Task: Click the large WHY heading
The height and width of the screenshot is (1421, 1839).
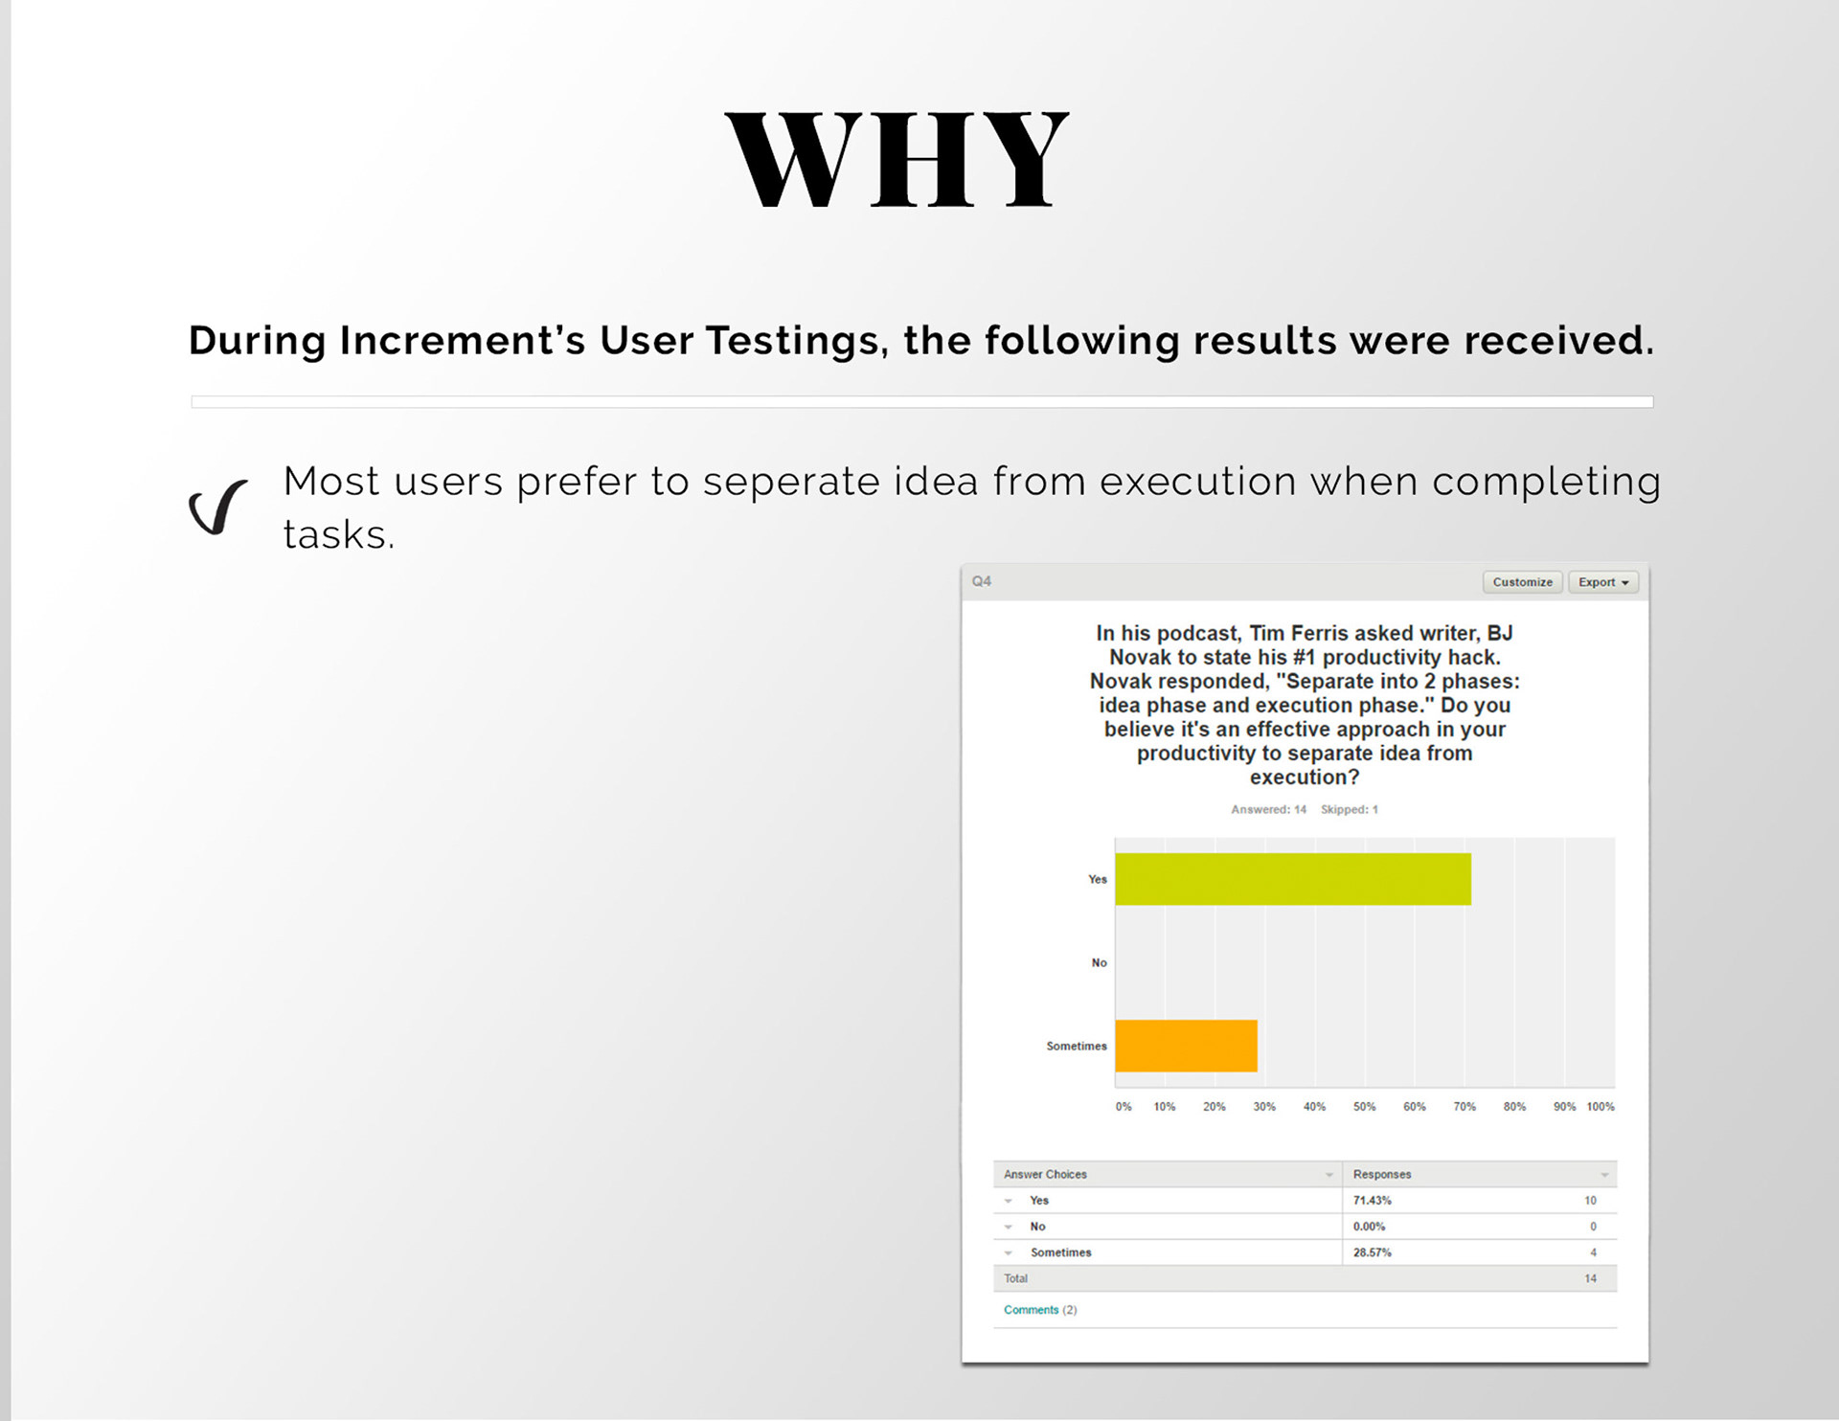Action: point(897,159)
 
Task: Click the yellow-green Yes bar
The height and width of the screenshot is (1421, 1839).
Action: point(1293,879)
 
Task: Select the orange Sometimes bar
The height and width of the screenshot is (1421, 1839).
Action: point(1187,1046)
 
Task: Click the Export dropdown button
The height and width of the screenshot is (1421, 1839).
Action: point(1603,582)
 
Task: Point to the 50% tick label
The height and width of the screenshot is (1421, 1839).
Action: point(1364,1107)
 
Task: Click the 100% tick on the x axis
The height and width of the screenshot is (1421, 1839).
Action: point(1601,1107)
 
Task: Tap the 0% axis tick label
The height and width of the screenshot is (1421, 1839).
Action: point(1124,1107)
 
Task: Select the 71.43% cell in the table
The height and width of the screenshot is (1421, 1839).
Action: point(1373,1201)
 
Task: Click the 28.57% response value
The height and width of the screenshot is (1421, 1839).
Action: point(1373,1252)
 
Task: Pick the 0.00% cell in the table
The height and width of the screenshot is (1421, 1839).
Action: point(1370,1227)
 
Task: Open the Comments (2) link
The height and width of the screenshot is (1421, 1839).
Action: point(1040,1310)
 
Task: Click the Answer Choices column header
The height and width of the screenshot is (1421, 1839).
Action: point(1045,1175)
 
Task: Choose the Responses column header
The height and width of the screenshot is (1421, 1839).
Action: point(1382,1175)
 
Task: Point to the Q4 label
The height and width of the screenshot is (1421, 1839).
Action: point(982,581)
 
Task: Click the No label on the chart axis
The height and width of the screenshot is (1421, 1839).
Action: point(1099,963)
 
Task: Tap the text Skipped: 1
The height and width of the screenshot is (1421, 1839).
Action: point(1350,810)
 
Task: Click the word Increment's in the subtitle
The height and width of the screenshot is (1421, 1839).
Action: point(462,341)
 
